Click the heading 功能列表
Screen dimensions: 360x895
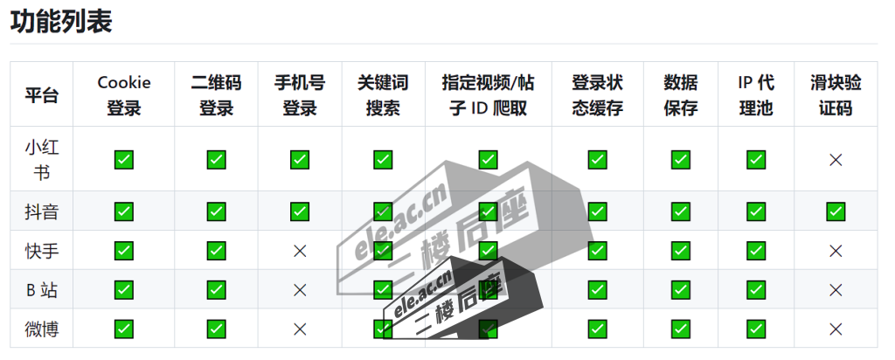pos(61,21)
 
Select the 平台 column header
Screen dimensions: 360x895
pos(41,95)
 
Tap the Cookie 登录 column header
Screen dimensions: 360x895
pos(124,95)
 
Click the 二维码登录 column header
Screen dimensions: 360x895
pos(216,95)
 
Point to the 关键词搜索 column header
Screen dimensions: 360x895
pos(383,95)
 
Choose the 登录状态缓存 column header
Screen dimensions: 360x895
pos(597,95)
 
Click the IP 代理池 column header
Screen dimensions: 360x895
pos(756,95)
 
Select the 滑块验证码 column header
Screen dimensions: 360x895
pos(836,95)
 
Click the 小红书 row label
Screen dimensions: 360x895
pos(41,159)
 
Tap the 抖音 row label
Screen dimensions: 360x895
pos(41,211)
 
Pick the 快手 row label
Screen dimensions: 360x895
pos(41,251)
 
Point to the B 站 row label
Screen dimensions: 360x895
pos(41,290)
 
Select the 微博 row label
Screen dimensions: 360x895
pos(41,329)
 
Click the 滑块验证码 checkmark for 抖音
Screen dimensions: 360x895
pos(836,211)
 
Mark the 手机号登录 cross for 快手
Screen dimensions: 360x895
pos(300,251)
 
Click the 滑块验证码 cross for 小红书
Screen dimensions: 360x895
pos(836,159)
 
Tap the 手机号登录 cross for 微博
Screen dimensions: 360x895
pos(300,329)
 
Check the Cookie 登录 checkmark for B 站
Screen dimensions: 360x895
pos(124,290)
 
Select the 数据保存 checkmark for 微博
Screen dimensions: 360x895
pos(681,329)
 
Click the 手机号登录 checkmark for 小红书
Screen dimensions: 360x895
pos(300,159)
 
